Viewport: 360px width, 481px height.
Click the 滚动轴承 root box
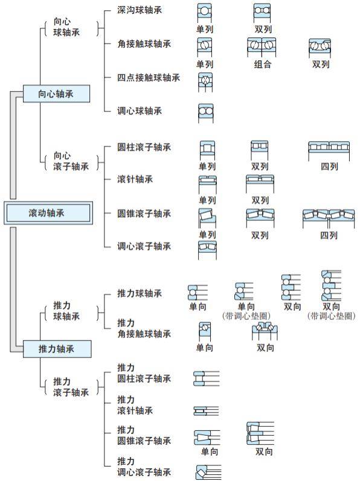pyautogui.click(x=48, y=213)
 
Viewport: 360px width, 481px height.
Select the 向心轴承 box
pyautogui.click(x=56, y=94)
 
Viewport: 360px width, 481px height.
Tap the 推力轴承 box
pyautogui.click(x=57, y=349)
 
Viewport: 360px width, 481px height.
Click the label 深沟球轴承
pyautogui.click(x=140, y=10)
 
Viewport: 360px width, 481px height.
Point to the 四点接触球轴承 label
pyautogui.click(x=148, y=77)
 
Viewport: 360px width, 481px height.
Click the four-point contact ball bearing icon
pyautogui.click(x=205, y=82)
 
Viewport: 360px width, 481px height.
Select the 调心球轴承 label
pyautogui.click(x=140, y=110)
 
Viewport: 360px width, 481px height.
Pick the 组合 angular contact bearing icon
pyautogui.click(x=262, y=47)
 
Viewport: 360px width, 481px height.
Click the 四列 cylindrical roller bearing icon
pyautogui.click(x=329, y=151)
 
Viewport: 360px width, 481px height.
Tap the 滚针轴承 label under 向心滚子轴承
pyautogui.click(x=135, y=179)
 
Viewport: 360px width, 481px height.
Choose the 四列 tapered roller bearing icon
pyautogui.click(x=329, y=218)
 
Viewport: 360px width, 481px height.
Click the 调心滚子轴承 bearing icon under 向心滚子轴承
pyautogui.click(x=207, y=250)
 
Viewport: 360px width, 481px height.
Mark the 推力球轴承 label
pyautogui.click(x=140, y=293)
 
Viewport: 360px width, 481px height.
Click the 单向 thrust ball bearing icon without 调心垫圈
pyautogui.click(x=198, y=293)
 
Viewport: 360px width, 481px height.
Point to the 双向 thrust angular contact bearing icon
pyautogui.click(x=265, y=331)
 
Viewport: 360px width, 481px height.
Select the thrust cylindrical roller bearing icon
pyautogui.click(x=206, y=378)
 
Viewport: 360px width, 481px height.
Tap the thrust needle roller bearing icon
pyautogui.click(x=206, y=411)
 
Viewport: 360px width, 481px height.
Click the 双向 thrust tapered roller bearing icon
pyautogui.click(x=260, y=433)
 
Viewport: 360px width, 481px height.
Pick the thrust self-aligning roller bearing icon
pyautogui.click(x=208, y=472)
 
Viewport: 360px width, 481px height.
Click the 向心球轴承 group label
pyautogui.click(x=66, y=27)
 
